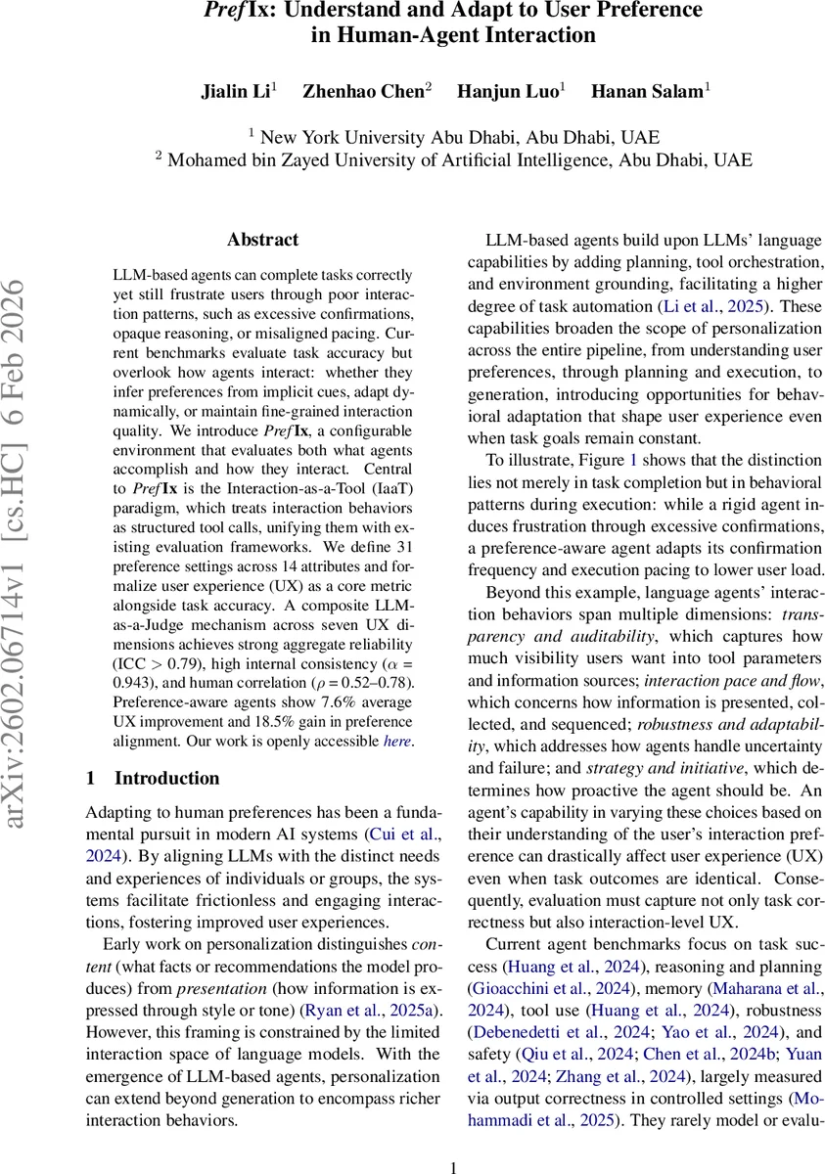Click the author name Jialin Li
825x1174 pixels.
(x=239, y=91)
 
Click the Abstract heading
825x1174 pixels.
(x=262, y=240)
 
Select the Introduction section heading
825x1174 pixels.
(x=153, y=779)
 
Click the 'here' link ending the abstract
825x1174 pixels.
(x=398, y=741)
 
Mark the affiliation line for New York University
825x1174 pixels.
(x=452, y=137)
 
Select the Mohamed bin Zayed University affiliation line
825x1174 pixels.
(x=452, y=159)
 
